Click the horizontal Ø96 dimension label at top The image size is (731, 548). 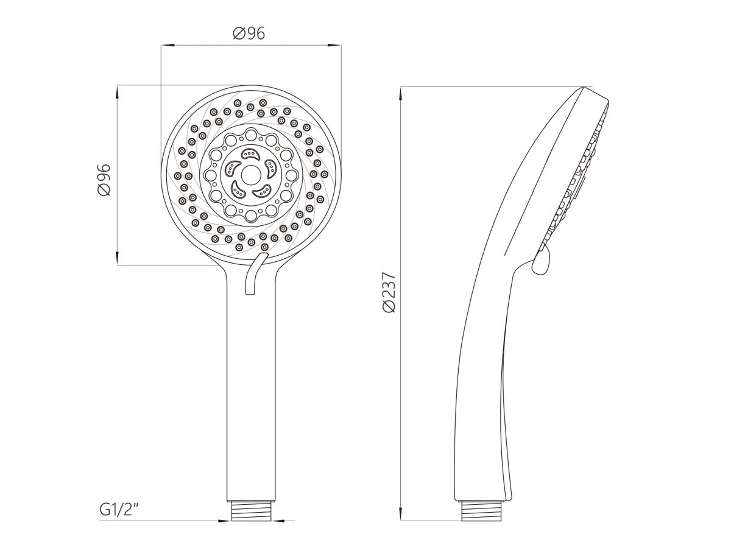tap(249, 33)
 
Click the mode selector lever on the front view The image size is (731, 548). tap(255, 273)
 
